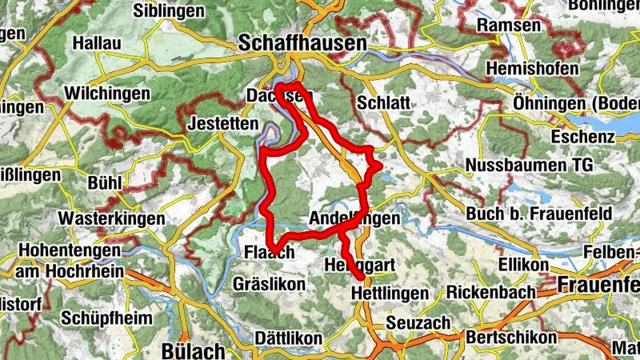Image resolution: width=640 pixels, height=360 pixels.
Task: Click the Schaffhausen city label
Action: coord(303,43)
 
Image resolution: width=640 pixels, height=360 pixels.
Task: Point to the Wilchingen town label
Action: coord(107,94)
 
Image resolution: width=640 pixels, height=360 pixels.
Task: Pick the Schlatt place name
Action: coord(384,103)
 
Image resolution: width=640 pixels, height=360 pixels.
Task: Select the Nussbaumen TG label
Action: coord(529,166)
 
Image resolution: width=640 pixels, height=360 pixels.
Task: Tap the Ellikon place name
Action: coord(523,265)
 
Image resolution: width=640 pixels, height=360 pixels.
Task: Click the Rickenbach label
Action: coord(490,292)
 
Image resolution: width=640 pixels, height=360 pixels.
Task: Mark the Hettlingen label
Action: coord(390,294)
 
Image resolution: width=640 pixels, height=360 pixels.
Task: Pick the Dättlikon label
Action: coord(288,338)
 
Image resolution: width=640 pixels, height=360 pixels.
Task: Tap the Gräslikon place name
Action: coord(269,284)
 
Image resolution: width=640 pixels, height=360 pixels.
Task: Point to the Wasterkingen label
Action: coord(111,218)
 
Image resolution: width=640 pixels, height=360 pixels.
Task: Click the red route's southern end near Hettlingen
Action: coord(362,278)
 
